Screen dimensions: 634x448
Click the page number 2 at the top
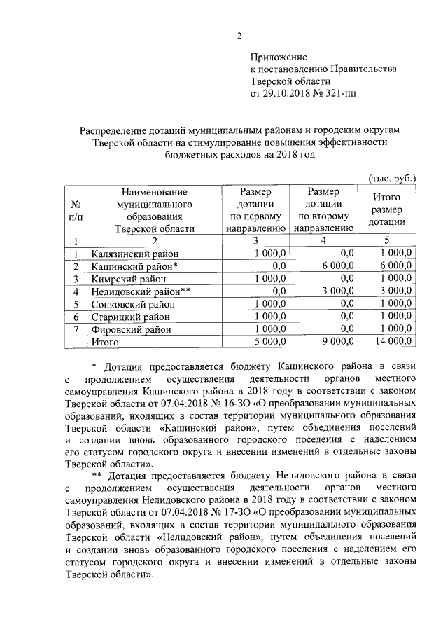(x=239, y=36)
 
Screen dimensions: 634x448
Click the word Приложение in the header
(x=279, y=57)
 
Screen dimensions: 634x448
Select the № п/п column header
(x=75, y=209)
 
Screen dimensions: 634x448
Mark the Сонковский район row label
(x=132, y=304)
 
